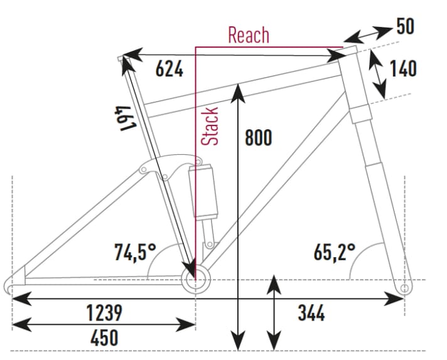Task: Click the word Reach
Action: pos(249,35)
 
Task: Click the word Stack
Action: pos(211,126)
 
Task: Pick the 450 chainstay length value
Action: pos(104,337)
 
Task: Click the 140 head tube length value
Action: pos(403,68)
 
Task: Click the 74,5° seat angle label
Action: pos(134,252)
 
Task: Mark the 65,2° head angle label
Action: pos(335,252)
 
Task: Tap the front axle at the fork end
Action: pos(404,288)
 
